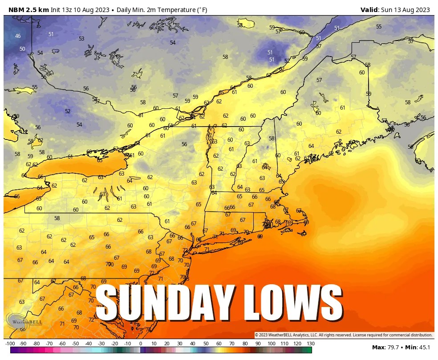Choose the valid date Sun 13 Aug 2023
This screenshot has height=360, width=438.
click(406, 10)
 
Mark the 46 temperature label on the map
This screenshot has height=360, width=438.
click(18, 36)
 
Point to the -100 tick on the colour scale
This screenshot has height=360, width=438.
click(10, 344)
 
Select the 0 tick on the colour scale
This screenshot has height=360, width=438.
click(140, 344)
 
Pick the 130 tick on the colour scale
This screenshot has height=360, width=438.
click(310, 344)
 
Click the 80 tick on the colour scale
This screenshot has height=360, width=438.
click(245, 344)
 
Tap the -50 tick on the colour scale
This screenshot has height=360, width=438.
click(75, 344)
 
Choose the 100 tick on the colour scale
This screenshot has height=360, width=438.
click(271, 344)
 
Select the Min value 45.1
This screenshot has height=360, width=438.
click(425, 347)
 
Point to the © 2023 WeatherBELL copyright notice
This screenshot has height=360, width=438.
click(343, 335)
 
